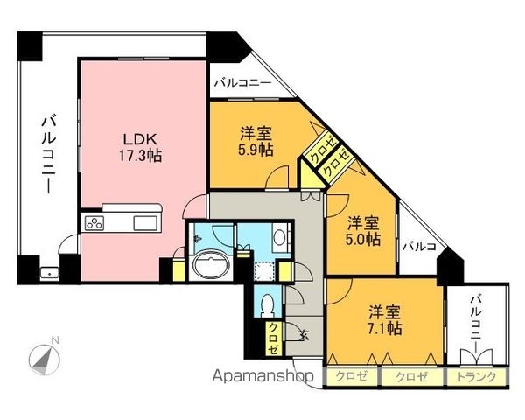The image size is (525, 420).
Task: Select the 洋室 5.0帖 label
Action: [x=362, y=229]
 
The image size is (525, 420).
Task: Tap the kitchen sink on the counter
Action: [x=141, y=223]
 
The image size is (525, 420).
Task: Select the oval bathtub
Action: [x=209, y=266]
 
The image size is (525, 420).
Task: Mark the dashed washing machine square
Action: [x=260, y=269]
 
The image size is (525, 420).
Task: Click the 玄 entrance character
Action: [x=304, y=333]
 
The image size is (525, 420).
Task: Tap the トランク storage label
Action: [x=476, y=377]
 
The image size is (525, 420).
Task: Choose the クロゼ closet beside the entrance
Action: [x=275, y=336]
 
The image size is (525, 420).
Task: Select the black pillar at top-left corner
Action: [x=30, y=45]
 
